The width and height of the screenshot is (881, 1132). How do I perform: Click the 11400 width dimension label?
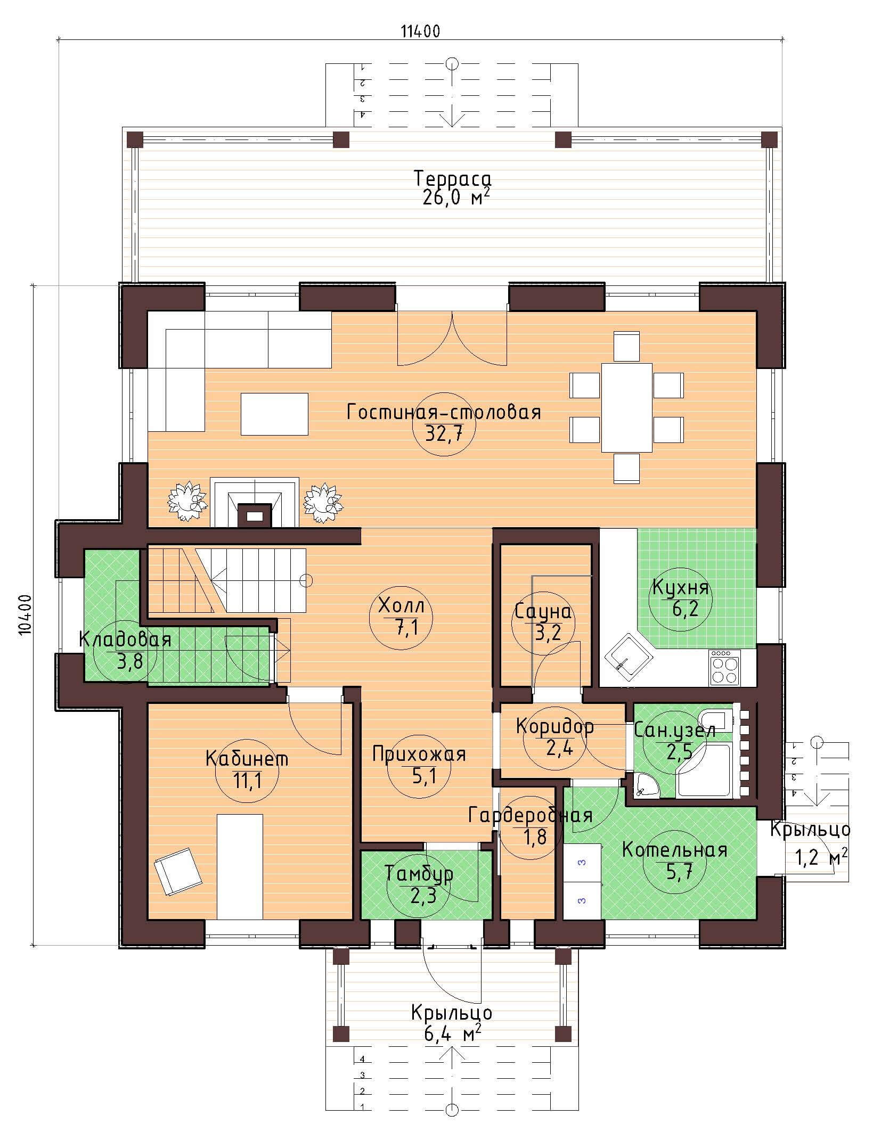[420, 31]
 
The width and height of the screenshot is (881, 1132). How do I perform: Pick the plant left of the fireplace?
[186, 501]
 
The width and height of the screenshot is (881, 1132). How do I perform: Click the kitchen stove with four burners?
[725, 668]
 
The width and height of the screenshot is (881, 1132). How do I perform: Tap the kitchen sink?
[629, 659]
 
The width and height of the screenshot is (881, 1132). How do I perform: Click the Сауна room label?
[543, 612]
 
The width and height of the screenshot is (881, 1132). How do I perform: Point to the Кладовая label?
[125, 639]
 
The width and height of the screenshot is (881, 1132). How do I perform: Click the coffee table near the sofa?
[274, 414]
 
